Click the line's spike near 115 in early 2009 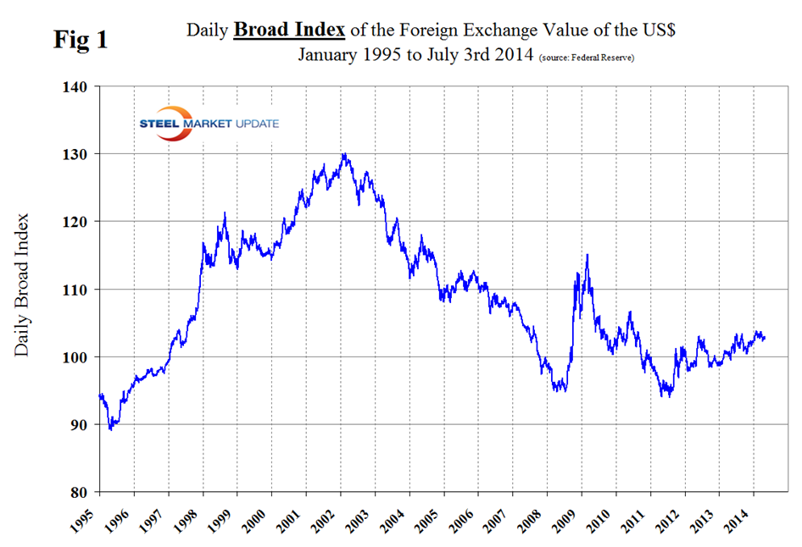click(587, 255)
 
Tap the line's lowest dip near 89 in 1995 click(110, 429)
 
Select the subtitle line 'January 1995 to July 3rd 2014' click(415, 56)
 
